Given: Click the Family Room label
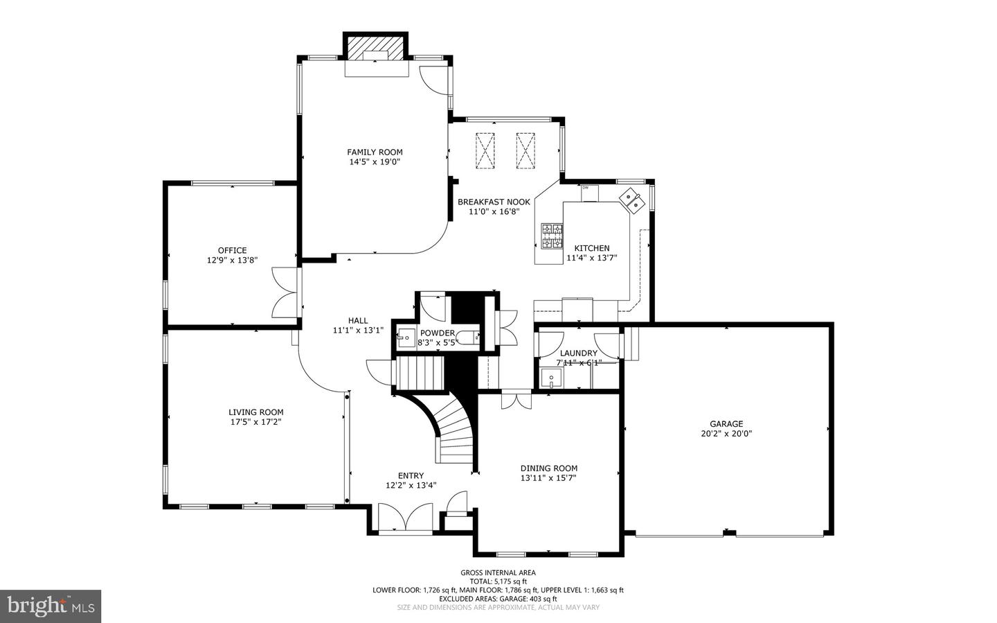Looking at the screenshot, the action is [x=375, y=152].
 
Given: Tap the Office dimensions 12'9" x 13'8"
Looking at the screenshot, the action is [x=233, y=260].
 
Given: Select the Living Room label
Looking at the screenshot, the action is [x=256, y=412].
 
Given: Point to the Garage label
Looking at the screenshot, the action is [x=726, y=424].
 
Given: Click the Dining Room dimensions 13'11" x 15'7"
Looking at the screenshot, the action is [x=549, y=477].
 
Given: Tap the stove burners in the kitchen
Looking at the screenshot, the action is [x=552, y=236].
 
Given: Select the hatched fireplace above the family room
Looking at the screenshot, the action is [x=375, y=48].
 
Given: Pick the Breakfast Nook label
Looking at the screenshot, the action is [x=494, y=202].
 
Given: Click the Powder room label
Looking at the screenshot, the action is [x=438, y=333].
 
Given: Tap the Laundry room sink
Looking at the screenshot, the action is [x=551, y=378].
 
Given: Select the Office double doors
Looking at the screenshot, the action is [x=285, y=292].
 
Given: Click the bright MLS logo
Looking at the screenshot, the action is [x=51, y=606].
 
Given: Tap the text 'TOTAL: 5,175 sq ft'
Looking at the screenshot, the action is [x=498, y=581].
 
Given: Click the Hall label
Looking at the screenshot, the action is [x=358, y=320].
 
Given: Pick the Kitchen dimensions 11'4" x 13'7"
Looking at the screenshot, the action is [x=591, y=258].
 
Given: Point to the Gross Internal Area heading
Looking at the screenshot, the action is [x=498, y=572].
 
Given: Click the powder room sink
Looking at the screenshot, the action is [x=405, y=337].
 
